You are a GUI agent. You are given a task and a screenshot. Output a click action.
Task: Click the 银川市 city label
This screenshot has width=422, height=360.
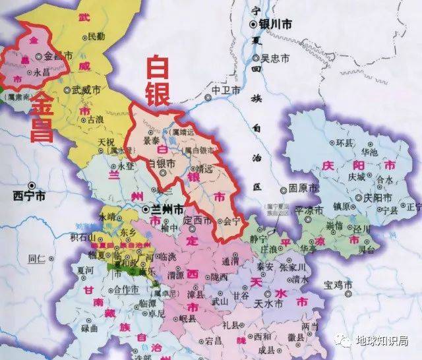[275, 24]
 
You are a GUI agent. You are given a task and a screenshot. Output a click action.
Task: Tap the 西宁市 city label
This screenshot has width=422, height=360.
[30, 196]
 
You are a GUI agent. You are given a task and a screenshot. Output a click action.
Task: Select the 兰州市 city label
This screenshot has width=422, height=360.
[164, 209]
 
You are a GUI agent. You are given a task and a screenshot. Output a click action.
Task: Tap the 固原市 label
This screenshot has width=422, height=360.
[304, 188]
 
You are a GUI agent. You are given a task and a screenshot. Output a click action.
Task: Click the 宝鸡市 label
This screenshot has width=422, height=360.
[339, 285]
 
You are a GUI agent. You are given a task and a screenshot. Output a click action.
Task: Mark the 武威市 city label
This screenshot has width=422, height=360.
[86, 90]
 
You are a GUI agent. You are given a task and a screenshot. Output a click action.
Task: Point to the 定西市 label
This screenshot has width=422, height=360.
[198, 219]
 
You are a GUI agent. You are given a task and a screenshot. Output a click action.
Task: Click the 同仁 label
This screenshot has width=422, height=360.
[36, 257]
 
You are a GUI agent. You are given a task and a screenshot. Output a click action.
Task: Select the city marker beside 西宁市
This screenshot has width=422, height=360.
[31, 185]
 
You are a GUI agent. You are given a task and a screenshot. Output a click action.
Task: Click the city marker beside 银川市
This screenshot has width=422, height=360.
[253, 24]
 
